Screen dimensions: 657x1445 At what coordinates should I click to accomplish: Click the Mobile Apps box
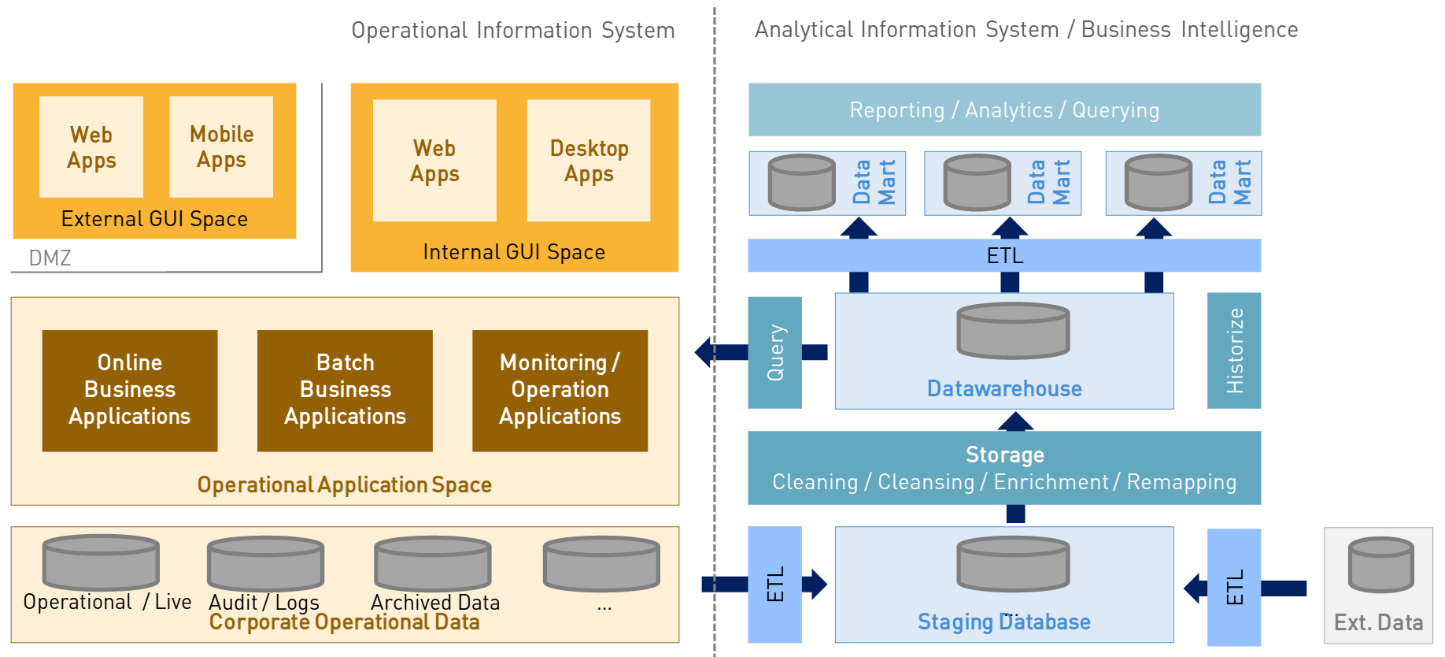[221, 147]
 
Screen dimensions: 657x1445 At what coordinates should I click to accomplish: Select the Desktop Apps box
[589, 161]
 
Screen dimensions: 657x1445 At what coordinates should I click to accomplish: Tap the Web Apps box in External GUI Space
[91, 147]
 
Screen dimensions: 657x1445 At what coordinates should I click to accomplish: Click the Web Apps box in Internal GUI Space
[434, 161]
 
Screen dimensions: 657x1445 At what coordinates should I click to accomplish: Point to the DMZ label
[50, 258]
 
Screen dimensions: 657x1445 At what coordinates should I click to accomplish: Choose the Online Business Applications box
[130, 390]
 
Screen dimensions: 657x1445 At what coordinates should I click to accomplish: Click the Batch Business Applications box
[345, 390]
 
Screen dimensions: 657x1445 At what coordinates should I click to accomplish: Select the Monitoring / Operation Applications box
[560, 390]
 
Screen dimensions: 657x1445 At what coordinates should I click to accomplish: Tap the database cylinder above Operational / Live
[101, 562]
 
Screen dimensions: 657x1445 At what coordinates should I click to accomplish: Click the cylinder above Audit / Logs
[265, 562]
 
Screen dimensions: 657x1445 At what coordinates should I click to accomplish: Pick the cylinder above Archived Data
[433, 562]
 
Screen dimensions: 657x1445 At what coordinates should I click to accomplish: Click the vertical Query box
[774, 352]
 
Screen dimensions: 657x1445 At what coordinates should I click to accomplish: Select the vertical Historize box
[1234, 351]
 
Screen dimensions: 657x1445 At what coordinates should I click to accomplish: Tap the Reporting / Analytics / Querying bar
[1004, 109]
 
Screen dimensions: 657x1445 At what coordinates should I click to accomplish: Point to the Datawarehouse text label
[1004, 388]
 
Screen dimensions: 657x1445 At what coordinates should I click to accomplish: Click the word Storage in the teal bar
[1004, 455]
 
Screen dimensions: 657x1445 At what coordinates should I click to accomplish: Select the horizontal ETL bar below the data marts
[1004, 255]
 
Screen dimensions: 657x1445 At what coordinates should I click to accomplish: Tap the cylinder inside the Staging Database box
[1013, 563]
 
